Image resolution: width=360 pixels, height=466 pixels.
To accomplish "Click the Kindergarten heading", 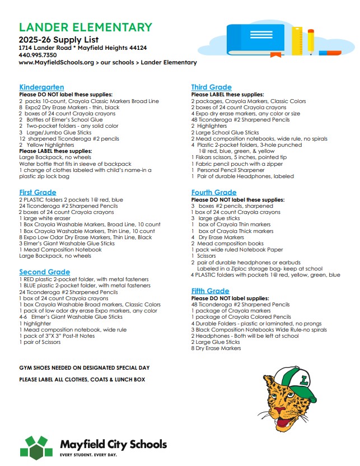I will (41, 87).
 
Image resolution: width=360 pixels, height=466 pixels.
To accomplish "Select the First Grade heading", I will (38, 192).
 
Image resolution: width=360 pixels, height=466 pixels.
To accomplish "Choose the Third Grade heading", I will (211, 87).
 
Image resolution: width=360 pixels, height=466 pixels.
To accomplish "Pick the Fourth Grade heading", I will (213, 193).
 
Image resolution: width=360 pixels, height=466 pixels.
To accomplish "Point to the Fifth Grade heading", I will (210, 291).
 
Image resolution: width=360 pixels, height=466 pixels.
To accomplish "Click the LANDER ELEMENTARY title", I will (86, 27).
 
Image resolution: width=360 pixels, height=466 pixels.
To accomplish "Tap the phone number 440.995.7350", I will (38, 55).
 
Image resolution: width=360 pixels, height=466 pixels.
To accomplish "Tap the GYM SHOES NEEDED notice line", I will (85, 367).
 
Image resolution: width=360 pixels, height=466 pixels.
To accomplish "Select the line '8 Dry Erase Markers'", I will (217, 348).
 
